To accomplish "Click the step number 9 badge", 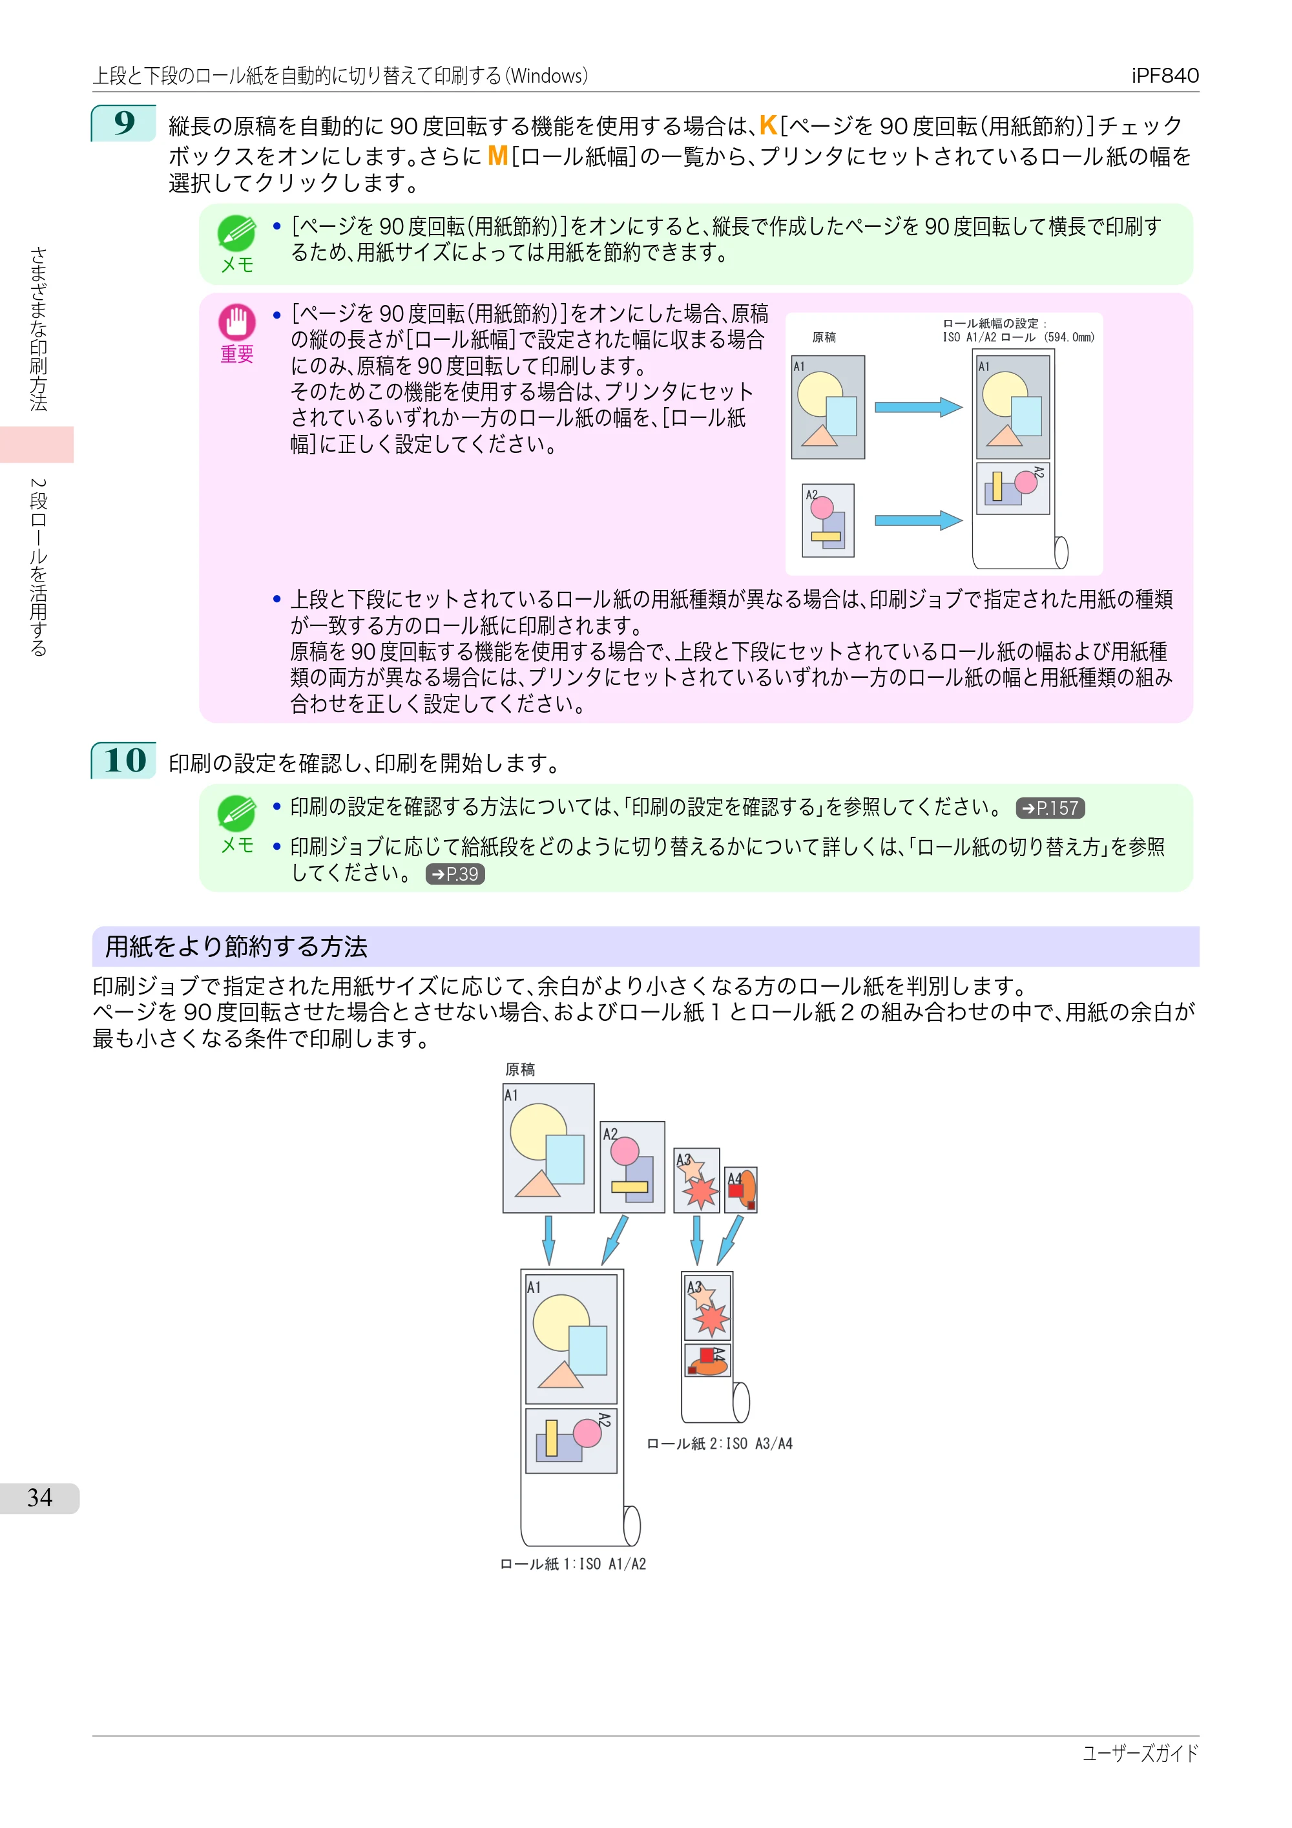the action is [124, 123].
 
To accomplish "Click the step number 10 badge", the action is [124, 761].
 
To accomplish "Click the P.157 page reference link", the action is [1050, 808].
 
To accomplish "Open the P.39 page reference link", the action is [455, 874].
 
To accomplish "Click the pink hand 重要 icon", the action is [236, 322].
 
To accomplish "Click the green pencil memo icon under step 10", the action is [236, 814].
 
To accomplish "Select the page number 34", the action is [40, 1498].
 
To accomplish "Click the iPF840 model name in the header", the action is [1165, 76].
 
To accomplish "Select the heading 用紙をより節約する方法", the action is [236, 947].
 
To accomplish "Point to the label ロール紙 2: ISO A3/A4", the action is [720, 1444].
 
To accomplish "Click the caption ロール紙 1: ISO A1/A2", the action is [573, 1564].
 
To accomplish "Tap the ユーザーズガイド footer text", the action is [1140, 1753].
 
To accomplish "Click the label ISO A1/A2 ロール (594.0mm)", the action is [1018, 337].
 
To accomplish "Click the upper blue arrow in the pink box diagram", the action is [919, 407].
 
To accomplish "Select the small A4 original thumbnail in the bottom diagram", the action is [741, 1190].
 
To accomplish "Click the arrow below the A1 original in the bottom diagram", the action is [548, 1239].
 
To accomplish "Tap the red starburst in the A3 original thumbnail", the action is [702, 1192].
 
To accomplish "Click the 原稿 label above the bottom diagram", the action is [520, 1069].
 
